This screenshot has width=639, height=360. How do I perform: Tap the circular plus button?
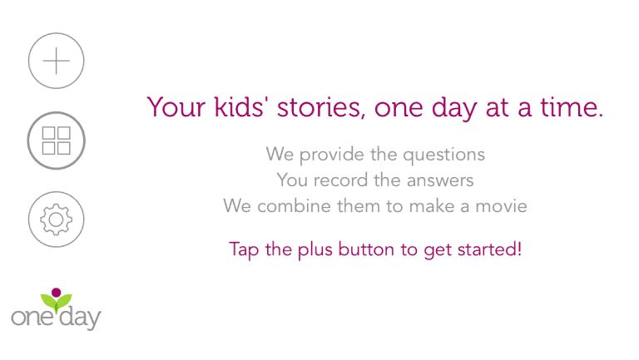click(57, 61)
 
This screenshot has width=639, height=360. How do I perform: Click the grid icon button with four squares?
click(57, 141)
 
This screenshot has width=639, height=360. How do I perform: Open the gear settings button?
click(57, 219)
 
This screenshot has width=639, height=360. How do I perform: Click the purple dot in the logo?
click(57, 293)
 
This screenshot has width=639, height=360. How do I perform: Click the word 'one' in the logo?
click(32, 318)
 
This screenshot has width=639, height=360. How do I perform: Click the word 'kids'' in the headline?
click(241, 107)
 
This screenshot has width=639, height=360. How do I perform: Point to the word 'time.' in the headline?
click(572, 107)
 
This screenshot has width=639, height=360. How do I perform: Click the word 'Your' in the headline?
click(176, 107)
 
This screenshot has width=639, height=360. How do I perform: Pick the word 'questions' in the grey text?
click(443, 155)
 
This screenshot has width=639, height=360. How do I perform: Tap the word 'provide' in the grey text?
click(332, 155)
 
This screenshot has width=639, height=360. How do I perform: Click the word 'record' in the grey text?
click(340, 180)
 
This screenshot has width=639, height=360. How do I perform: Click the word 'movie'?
click(501, 206)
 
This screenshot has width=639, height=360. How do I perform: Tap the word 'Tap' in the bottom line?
click(244, 249)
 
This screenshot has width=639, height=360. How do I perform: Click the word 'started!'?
click(489, 249)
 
